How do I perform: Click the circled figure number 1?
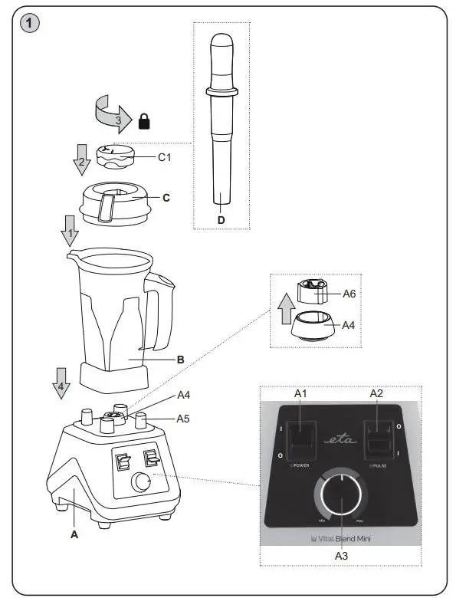point(28,24)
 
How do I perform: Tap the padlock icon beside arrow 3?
point(143,120)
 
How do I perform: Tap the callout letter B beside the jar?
point(181,358)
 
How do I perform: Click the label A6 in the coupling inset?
point(350,293)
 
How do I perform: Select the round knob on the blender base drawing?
point(140,482)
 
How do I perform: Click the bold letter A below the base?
point(74,534)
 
